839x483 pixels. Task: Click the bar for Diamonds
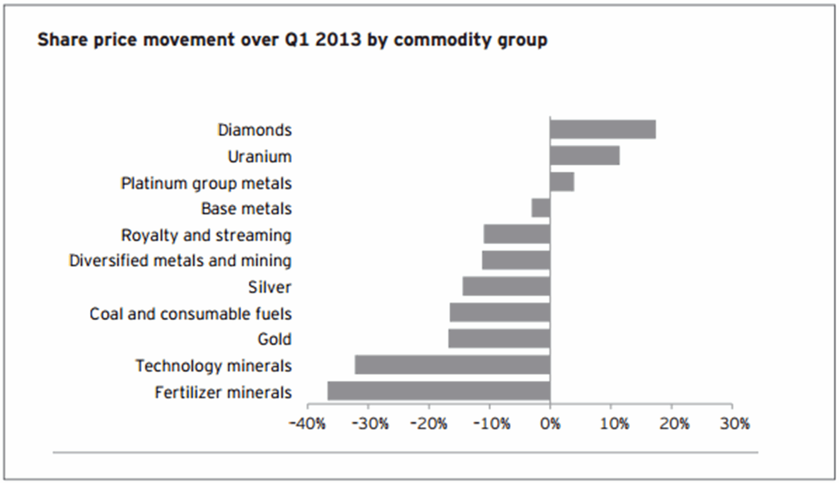coord(603,129)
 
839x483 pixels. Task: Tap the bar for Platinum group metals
coord(562,182)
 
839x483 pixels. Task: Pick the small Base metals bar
coord(541,208)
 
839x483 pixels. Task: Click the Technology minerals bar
coord(452,365)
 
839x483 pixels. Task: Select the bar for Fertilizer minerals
coord(439,391)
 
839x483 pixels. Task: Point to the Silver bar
coord(506,286)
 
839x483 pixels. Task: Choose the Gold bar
coord(499,339)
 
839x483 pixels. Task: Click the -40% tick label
coord(307,424)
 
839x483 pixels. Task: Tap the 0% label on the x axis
coord(550,424)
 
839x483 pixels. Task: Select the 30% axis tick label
coord(734,424)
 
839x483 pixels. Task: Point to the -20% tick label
coord(429,424)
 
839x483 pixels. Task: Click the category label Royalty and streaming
coord(206,235)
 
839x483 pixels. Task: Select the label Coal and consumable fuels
coord(191,314)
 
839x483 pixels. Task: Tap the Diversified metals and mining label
coord(180,261)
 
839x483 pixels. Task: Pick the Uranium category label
coord(260,157)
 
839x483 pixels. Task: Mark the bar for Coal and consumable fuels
coord(500,312)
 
